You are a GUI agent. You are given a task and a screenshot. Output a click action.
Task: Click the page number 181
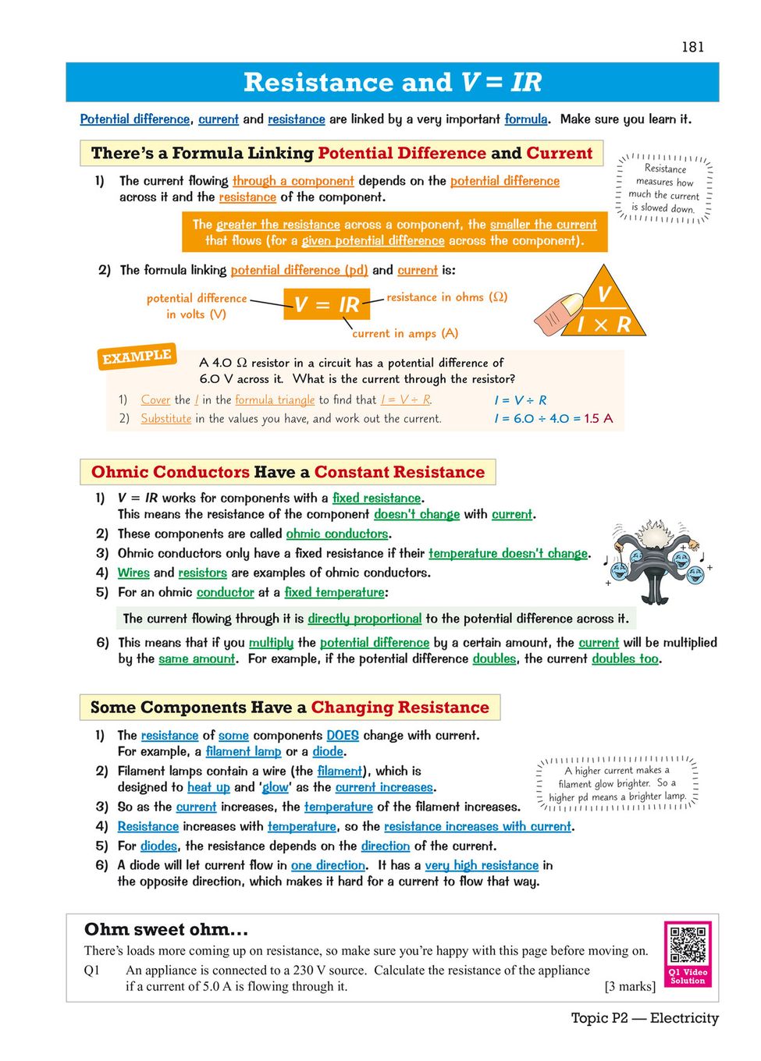[692, 47]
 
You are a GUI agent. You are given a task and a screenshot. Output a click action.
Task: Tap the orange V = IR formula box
[326, 303]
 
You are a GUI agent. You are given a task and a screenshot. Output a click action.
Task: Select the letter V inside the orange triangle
[603, 294]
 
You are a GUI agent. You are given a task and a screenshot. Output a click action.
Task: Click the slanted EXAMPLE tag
[137, 357]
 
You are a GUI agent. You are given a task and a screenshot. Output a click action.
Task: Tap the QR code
[688, 945]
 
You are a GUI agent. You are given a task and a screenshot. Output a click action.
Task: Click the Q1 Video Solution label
[688, 976]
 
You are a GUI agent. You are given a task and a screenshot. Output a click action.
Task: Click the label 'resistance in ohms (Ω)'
[446, 297]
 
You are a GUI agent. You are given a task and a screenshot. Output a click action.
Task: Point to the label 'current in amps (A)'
[405, 333]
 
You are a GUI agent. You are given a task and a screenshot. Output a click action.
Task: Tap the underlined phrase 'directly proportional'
[364, 619]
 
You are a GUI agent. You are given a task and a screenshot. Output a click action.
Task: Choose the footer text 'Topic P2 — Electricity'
[644, 1018]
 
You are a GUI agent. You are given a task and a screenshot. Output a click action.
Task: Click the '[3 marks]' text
[630, 986]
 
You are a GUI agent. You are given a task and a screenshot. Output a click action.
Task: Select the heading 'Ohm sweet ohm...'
[165, 929]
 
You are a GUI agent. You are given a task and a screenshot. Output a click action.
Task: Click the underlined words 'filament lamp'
[244, 751]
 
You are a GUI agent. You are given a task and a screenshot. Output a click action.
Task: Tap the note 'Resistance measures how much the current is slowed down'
[664, 188]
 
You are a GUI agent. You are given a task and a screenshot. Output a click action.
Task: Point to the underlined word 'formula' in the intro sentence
[525, 119]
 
